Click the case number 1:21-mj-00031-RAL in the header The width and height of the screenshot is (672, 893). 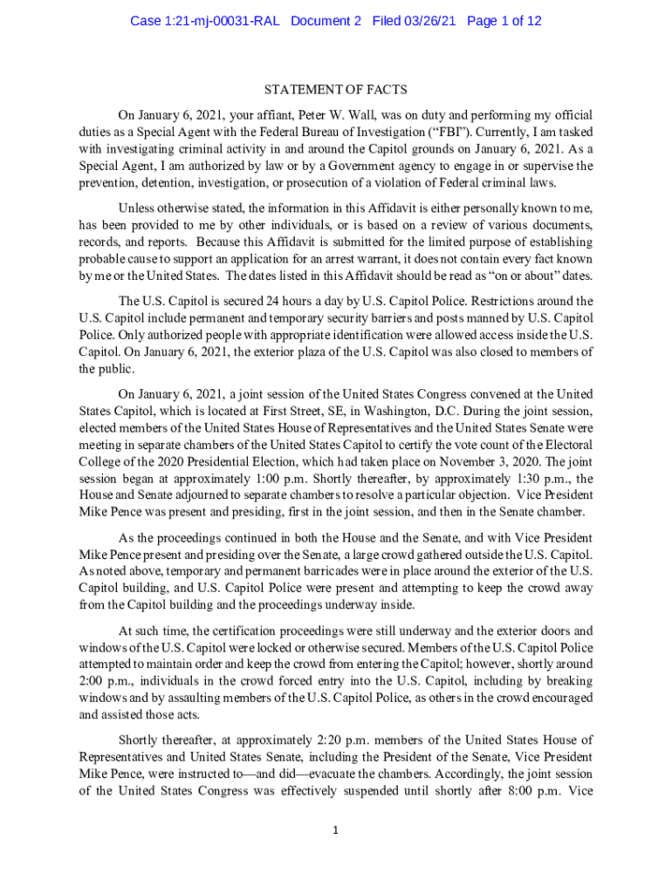[204, 21]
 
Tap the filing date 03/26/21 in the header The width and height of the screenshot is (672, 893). [432, 21]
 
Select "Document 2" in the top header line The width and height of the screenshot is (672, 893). [326, 21]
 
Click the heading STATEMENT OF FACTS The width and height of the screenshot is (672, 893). [336, 90]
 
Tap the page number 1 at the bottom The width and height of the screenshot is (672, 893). [336, 829]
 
